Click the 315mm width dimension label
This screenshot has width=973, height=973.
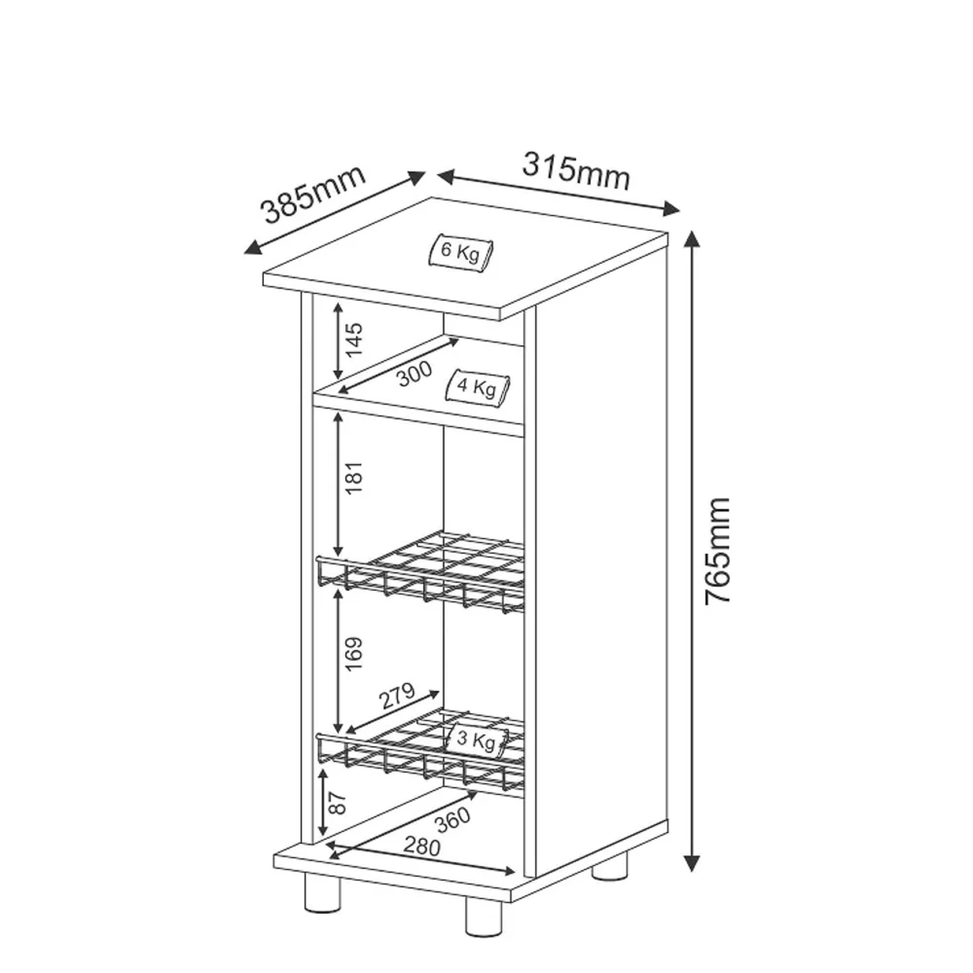tap(576, 171)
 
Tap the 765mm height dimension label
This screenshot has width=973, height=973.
tap(718, 551)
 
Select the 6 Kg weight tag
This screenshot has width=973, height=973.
tap(461, 250)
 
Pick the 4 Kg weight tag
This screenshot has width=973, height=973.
tap(477, 387)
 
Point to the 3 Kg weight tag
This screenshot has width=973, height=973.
tap(477, 739)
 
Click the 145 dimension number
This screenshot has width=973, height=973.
tap(354, 340)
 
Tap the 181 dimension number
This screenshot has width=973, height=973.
tap(354, 478)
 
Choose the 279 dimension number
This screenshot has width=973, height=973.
tap(396, 696)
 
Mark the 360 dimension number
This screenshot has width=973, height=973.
tap(453, 819)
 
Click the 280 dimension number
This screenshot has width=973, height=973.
tap(422, 846)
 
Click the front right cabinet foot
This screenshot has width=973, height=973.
tap(484, 914)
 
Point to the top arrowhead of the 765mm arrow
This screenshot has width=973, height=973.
tap(693, 239)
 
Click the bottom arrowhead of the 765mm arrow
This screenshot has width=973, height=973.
tap(693, 863)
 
